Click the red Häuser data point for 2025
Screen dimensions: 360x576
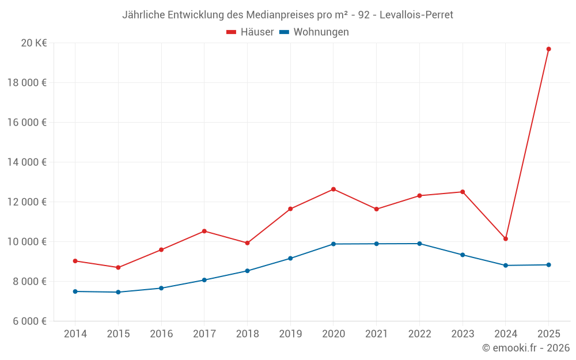[x=548, y=49]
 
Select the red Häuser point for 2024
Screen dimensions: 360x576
[x=505, y=238]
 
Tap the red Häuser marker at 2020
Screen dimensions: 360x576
[x=334, y=189]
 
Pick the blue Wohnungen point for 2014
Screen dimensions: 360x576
[x=75, y=291]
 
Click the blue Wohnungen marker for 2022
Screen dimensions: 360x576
[x=419, y=244]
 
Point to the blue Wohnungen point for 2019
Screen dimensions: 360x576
[x=290, y=258]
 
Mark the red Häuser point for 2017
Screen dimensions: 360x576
[x=204, y=231]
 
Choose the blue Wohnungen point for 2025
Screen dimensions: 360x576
[x=548, y=265]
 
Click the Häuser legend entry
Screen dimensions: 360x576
[x=250, y=32]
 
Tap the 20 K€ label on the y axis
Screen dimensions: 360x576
[x=33, y=43]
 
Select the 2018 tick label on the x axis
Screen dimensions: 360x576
[x=247, y=334]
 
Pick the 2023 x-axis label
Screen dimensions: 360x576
[x=463, y=334]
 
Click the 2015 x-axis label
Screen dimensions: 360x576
[x=118, y=334]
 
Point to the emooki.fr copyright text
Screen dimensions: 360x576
[x=525, y=348]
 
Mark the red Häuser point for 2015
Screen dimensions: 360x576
[x=118, y=267]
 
